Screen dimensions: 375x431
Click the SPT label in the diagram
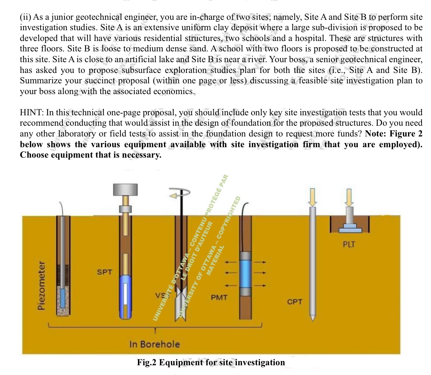(x=105, y=272)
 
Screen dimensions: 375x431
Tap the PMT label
(x=219, y=297)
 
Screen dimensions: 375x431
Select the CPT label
(x=295, y=302)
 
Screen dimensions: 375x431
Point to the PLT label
(x=349, y=244)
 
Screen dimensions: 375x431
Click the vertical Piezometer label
(x=42, y=285)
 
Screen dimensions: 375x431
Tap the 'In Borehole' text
(x=155, y=344)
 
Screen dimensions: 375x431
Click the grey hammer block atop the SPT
(x=126, y=189)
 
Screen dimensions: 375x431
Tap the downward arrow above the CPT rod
(x=313, y=197)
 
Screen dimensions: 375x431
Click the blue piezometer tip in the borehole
(x=63, y=296)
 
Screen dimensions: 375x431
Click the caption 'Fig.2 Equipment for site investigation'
(x=211, y=362)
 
